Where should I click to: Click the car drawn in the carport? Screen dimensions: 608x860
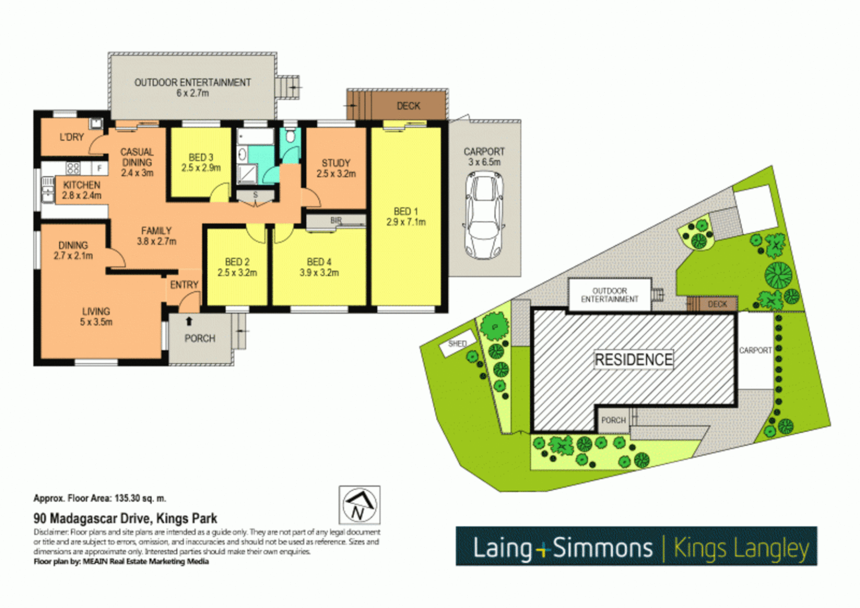tap(484, 215)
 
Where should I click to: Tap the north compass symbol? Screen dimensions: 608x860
tap(359, 505)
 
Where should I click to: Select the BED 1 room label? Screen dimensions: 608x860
tap(406, 211)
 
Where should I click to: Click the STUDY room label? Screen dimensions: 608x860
tap(336, 163)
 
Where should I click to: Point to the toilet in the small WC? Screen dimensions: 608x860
tap(290, 136)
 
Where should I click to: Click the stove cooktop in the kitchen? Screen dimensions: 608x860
tap(73, 168)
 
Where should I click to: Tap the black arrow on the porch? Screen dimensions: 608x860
tap(189, 321)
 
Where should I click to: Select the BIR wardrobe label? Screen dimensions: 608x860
tap(336, 220)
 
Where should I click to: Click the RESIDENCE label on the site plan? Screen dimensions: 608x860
tap(634, 359)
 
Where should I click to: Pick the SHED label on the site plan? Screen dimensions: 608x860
tap(457, 343)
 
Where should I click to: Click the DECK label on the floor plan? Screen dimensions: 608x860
tap(408, 106)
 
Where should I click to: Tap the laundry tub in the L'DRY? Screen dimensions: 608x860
tap(96, 123)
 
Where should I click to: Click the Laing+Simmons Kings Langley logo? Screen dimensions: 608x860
tap(636, 547)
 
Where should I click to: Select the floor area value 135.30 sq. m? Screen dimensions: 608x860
tap(140, 498)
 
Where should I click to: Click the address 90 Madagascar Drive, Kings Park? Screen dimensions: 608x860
tap(125, 518)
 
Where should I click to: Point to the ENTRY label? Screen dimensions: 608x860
tap(184, 285)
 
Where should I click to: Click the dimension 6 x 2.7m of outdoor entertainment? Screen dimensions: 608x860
tap(193, 93)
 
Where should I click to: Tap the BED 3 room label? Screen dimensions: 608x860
tap(200, 157)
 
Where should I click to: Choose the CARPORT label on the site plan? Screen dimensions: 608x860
tap(755, 350)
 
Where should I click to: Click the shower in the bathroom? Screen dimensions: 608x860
tap(246, 175)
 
